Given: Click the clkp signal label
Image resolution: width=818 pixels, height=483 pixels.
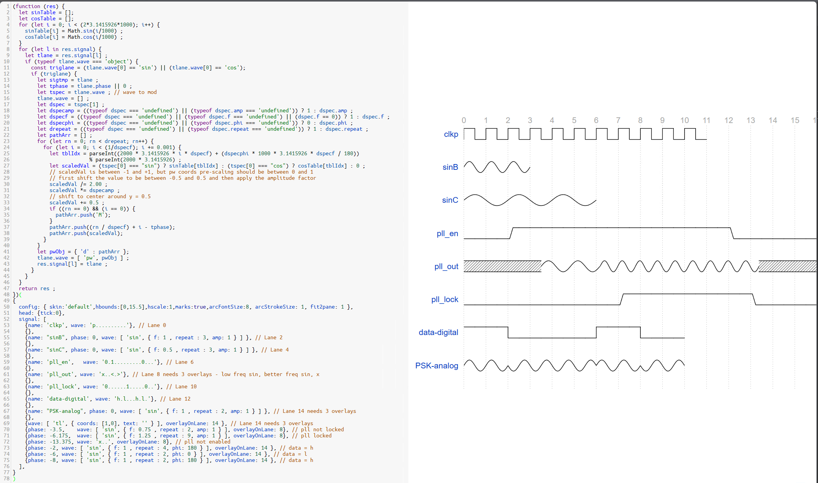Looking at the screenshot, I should point(451,135).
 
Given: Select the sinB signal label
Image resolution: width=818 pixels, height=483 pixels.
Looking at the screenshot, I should point(450,167).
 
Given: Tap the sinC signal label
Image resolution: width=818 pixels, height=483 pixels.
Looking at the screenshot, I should point(450,200).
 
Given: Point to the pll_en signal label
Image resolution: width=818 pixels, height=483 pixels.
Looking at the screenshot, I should point(447,233).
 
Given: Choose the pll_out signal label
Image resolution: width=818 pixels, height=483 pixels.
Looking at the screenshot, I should point(446,266).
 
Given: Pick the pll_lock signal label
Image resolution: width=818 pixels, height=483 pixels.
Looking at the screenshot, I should point(444,299).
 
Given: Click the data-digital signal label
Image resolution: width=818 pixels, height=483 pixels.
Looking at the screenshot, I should point(438,332).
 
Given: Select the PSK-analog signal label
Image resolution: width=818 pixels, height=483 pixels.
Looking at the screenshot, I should point(436,366).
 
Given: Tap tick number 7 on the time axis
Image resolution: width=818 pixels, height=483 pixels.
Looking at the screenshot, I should point(618,120).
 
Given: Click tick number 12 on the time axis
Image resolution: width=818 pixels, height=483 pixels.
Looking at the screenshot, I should point(729,120).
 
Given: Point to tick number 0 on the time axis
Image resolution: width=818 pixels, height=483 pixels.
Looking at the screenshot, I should point(464,120).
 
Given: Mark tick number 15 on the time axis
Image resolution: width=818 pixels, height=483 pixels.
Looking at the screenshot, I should point(795,120).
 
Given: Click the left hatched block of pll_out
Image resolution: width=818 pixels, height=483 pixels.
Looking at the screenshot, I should point(502,266).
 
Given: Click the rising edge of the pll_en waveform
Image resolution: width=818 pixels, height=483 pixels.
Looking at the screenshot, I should point(512,233).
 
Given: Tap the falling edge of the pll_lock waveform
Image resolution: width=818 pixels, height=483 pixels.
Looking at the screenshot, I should point(754,299).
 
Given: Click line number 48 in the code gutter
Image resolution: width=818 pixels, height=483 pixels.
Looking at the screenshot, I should point(7,295).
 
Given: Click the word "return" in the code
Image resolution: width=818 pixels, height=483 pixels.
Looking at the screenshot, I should point(28,289).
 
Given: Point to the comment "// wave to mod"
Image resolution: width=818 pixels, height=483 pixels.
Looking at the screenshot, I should point(135,92).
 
